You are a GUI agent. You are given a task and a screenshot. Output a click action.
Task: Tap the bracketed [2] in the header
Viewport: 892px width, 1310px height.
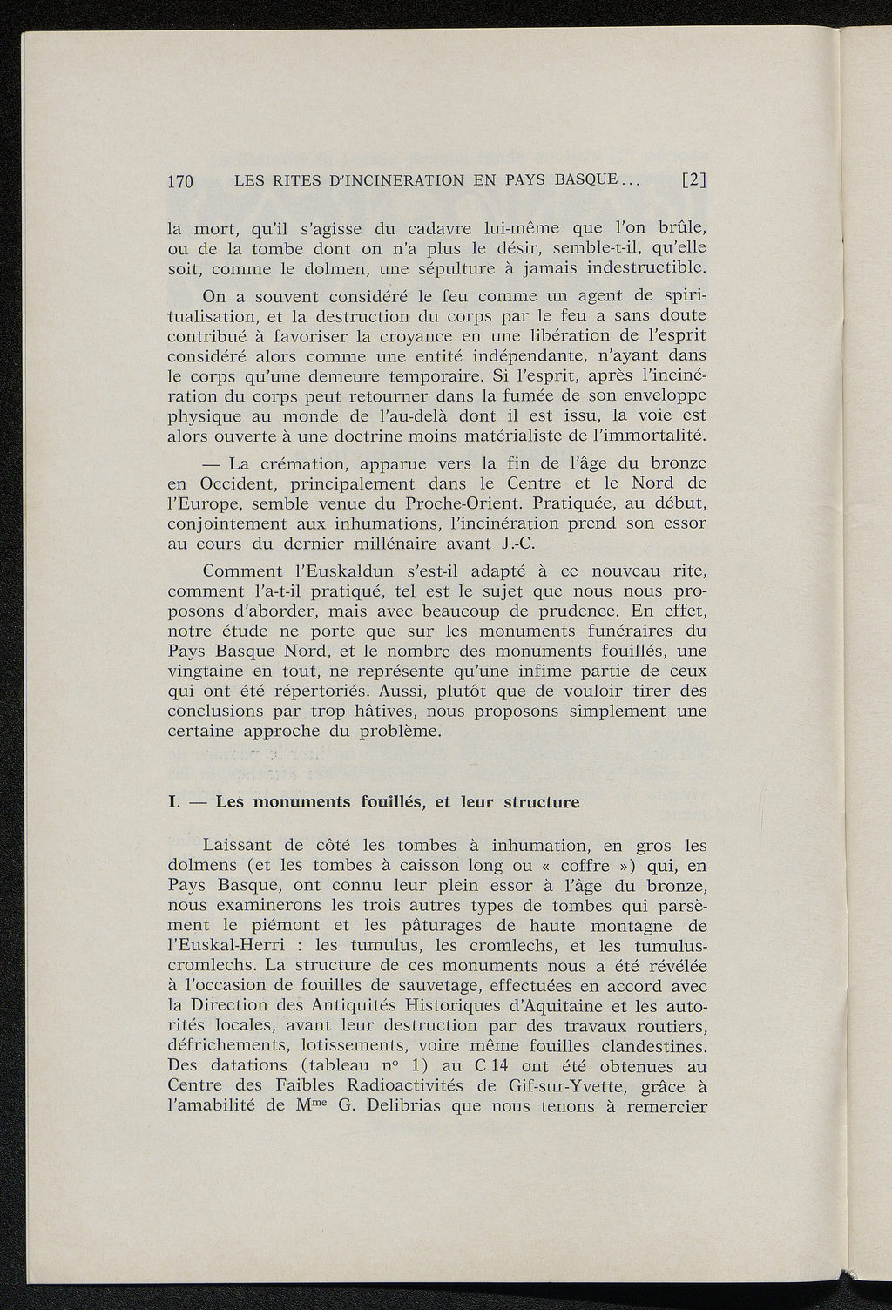click(x=693, y=181)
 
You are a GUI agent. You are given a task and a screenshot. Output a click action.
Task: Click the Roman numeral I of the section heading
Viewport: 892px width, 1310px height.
click(x=172, y=801)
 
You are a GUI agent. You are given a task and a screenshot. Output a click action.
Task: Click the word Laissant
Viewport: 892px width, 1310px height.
click(x=238, y=845)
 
